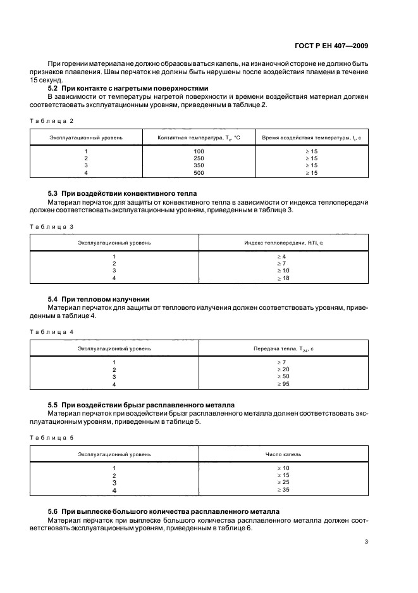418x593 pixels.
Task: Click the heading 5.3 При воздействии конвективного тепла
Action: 123,193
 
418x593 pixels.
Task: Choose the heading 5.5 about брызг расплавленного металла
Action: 142,404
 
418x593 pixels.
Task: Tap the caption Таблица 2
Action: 51,120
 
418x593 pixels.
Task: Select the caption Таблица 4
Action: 51,331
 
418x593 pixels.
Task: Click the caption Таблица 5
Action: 51,438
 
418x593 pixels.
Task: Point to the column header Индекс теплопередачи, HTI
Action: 283,242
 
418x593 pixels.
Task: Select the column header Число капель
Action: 283,454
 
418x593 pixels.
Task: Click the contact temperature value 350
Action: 199,165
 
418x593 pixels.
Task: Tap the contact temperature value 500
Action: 199,172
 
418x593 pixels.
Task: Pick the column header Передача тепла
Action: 283,348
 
